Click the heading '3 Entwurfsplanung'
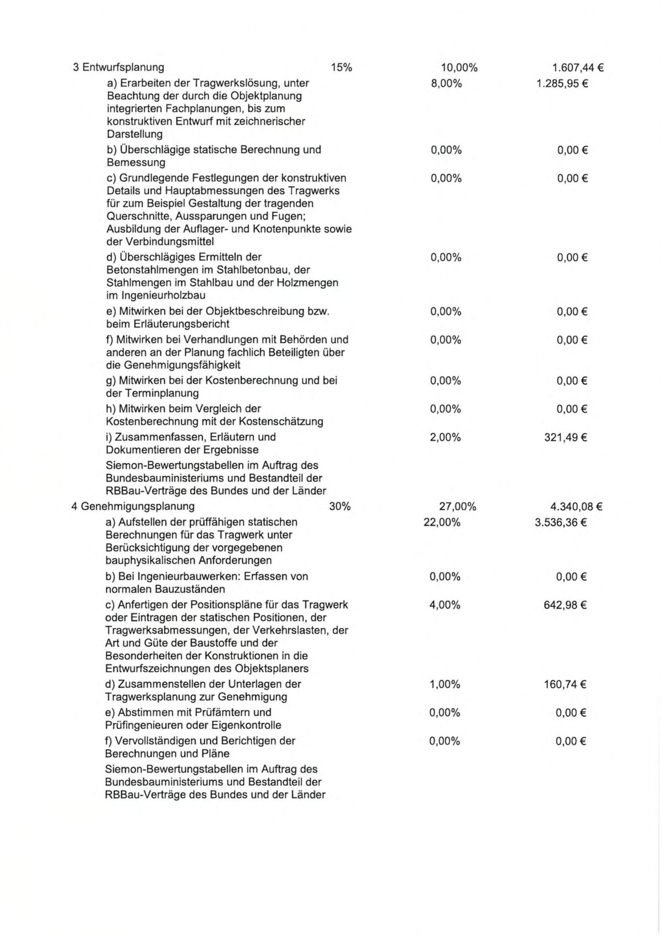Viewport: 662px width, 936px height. (x=118, y=68)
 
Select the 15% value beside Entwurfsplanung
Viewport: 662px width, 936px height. (x=341, y=68)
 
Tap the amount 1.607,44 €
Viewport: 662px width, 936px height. (x=578, y=68)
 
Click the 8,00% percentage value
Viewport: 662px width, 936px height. (x=446, y=84)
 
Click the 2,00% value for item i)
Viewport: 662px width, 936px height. (x=446, y=438)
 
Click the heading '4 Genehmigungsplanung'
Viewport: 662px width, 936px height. (x=133, y=507)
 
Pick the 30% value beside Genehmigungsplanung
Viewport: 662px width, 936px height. (x=340, y=507)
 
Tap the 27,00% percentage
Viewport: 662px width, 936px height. (x=458, y=507)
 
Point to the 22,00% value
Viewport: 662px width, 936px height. (x=442, y=523)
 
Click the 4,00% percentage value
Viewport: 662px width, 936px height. (x=444, y=605)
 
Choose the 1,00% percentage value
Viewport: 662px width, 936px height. (x=444, y=684)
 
